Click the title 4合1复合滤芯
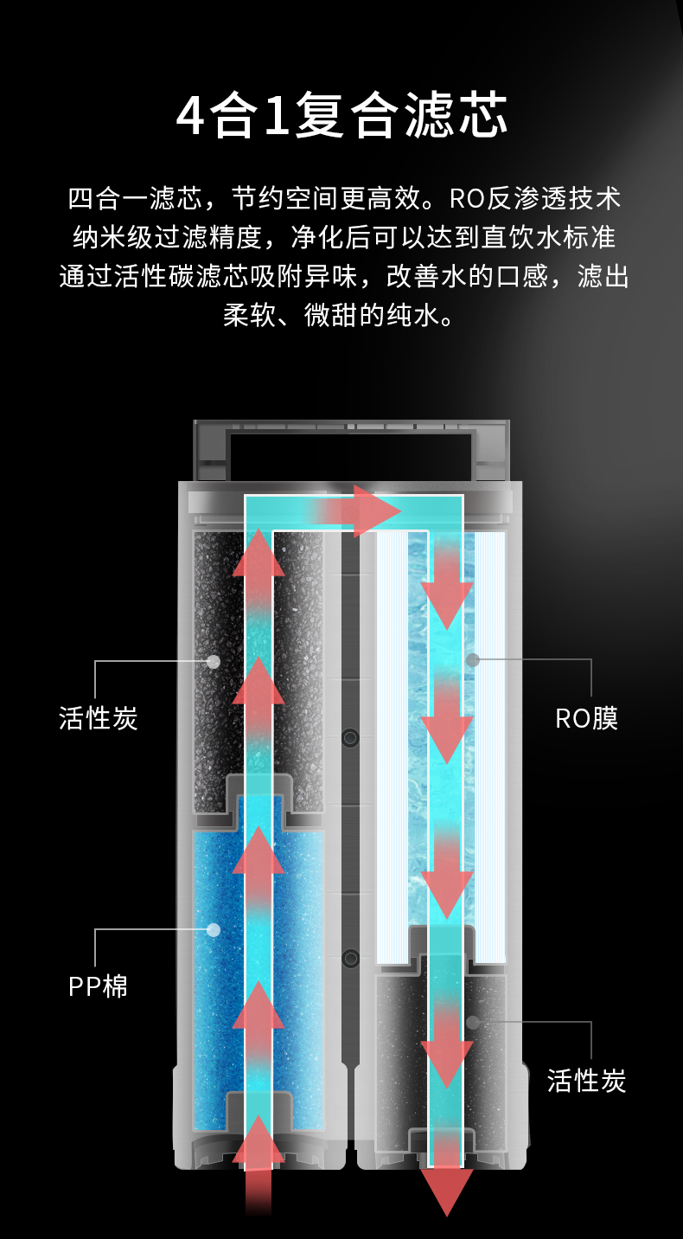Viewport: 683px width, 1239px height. click(341, 118)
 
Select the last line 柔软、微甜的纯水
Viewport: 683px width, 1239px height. click(340, 314)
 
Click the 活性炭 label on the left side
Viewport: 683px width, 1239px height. click(99, 717)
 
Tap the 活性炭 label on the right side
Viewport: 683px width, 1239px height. click(586, 1080)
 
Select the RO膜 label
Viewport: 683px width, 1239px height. click(586, 718)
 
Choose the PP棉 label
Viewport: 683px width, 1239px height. click(99, 985)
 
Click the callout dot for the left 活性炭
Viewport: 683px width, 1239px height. click(214, 661)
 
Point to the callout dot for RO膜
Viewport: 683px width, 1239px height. click(473, 660)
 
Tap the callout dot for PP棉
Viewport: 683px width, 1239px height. click(214, 930)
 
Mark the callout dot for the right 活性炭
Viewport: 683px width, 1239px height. click(473, 1022)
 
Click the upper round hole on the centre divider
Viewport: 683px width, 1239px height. click(350, 738)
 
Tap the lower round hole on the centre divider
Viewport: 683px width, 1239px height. click(350, 958)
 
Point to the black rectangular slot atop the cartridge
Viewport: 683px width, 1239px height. click(350, 455)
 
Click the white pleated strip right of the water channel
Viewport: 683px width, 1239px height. click(490, 744)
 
